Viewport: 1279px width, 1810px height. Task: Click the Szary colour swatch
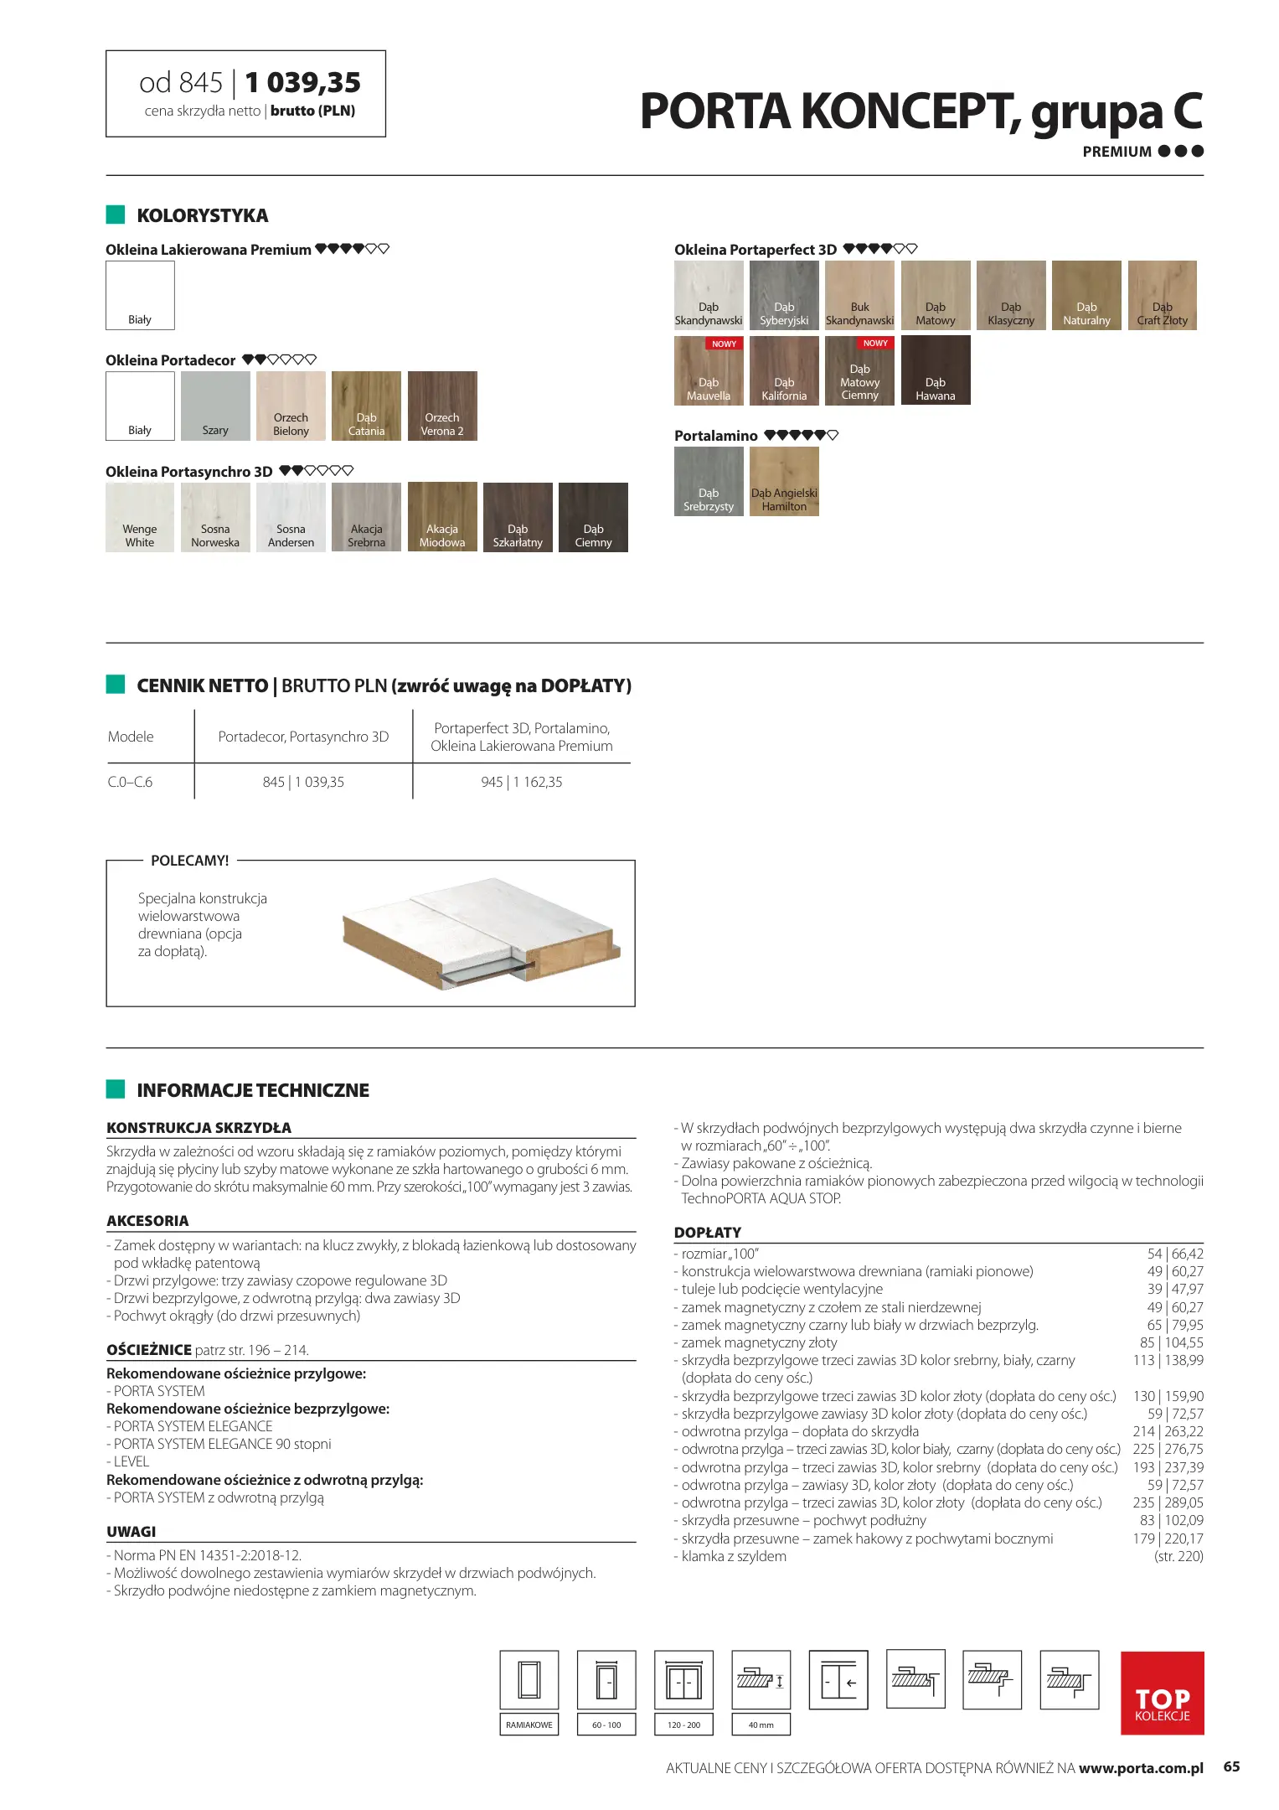point(215,406)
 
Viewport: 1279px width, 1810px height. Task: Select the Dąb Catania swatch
point(366,406)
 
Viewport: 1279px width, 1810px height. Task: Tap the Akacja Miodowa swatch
point(442,516)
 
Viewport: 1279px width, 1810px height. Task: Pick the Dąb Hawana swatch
point(936,370)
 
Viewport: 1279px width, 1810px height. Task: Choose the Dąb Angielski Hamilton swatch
point(784,481)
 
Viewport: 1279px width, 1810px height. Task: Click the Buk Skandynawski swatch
point(859,295)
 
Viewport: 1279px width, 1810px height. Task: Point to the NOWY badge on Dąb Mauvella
point(724,344)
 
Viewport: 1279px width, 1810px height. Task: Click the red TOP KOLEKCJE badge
point(1162,1693)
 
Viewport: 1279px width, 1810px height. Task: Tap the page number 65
point(1231,1766)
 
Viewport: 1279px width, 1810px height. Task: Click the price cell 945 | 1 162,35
point(521,782)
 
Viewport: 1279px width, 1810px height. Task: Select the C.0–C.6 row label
point(131,782)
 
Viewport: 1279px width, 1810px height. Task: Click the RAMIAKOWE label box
point(529,1725)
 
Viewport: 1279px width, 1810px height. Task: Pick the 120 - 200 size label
point(684,1725)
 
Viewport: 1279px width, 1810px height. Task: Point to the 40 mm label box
point(761,1725)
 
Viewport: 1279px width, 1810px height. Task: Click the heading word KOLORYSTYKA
point(203,215)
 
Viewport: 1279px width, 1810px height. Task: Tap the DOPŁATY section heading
point(708,1233)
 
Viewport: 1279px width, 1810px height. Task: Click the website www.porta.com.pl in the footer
point(1141,1768)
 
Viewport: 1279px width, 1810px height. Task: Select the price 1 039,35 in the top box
point(303,82)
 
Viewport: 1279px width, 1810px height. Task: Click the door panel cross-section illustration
point(481,933)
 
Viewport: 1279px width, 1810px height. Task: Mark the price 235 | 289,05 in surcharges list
point(1168,1502)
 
